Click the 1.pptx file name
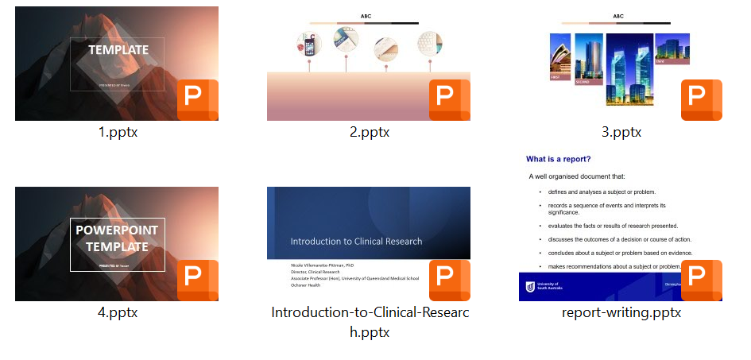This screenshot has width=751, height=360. click(118, 133)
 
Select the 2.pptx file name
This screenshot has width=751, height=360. click(370, 133)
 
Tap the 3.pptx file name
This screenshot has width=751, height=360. click(621, 133)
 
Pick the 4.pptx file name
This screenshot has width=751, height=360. click(118, 312)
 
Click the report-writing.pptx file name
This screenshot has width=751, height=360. click(621, 312)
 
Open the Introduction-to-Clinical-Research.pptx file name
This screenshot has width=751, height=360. click(370, 322)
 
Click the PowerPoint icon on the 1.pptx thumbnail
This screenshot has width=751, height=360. click(197, 100)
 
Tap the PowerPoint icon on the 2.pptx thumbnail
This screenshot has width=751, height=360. click(449, 100)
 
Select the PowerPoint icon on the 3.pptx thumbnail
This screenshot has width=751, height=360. click(701, 100)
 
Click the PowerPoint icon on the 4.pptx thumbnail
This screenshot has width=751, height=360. click(197, 280)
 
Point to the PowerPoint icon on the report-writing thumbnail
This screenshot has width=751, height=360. click(701, 280)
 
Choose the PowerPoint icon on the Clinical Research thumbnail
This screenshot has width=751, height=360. click(449, 280)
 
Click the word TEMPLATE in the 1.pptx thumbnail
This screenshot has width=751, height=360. click(118, 50)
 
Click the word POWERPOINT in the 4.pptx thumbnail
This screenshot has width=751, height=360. click(117, 230)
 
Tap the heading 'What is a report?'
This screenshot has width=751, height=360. click(558, 159)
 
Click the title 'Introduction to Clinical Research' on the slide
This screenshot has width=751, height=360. click(356, 242)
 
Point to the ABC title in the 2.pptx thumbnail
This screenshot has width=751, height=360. click(366, 16)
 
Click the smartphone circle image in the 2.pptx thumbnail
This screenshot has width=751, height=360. click(308, 45)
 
